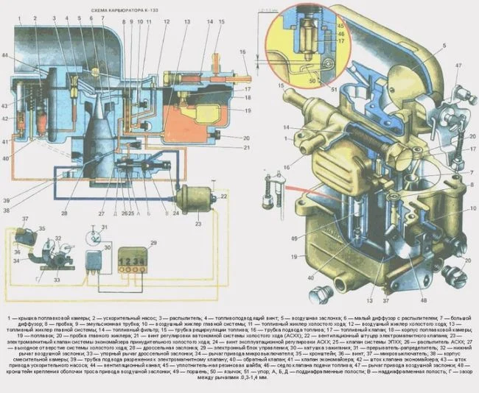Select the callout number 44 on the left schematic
point(6,57)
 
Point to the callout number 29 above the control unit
point(153,243)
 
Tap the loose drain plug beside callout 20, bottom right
point(319,295)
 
